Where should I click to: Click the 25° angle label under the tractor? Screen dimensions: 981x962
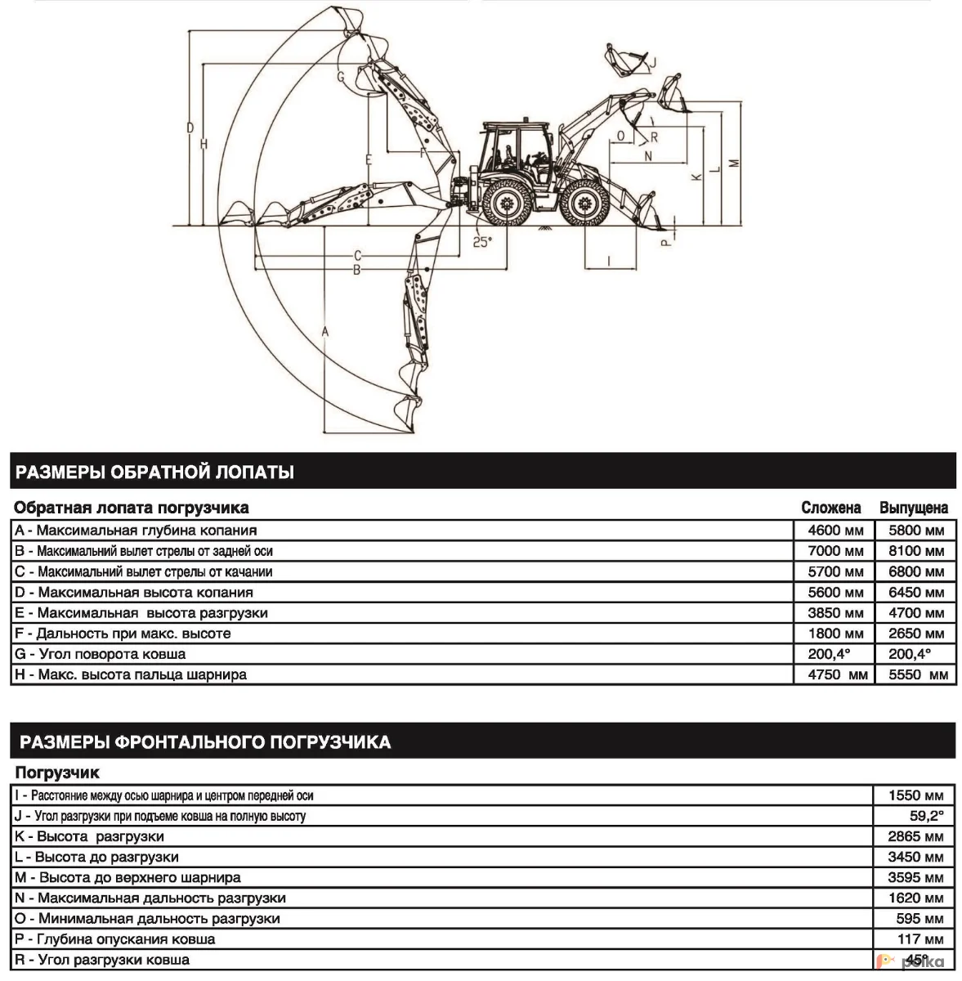(x=482, y=242)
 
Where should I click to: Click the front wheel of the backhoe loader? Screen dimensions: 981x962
(x=585, y=204)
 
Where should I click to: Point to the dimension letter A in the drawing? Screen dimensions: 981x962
(x=324, y=331)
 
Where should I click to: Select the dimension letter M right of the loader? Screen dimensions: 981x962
(x=734, y=163)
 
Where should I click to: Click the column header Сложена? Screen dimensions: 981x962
(x=830, y=508)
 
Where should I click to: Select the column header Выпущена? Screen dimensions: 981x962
(x=913, y=508)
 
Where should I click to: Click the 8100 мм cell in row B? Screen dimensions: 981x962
(x=916, y=551)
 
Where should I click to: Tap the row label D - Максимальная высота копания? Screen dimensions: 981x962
(x=134, y=593)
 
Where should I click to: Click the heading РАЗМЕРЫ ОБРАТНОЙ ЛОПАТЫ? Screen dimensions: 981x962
(x=155, y=472)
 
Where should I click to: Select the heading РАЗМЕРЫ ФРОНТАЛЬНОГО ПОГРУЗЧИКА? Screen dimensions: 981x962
(x=205, y=742)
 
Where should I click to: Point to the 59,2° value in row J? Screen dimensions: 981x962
(x=926, y=816)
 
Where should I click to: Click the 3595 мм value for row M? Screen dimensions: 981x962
(x=915, y=877)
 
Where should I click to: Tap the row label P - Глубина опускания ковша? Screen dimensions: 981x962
(x=115, y=939)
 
